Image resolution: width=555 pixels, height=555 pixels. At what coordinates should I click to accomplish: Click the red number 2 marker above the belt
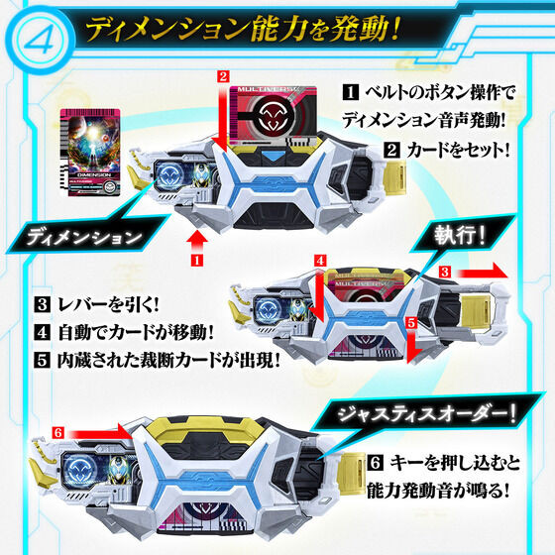[223, 74]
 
